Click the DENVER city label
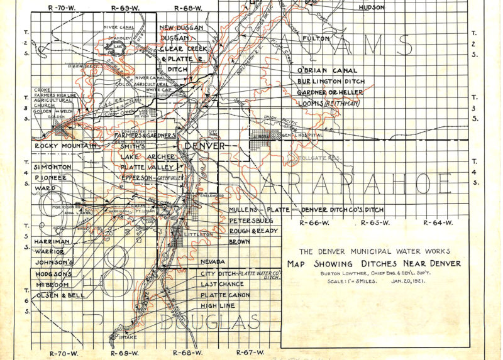204,146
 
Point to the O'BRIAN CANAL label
327,70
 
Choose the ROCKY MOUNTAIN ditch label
67,146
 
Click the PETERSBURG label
250,221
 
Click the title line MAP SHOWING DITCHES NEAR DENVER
373,263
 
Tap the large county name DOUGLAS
211,323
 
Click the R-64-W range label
438,223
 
